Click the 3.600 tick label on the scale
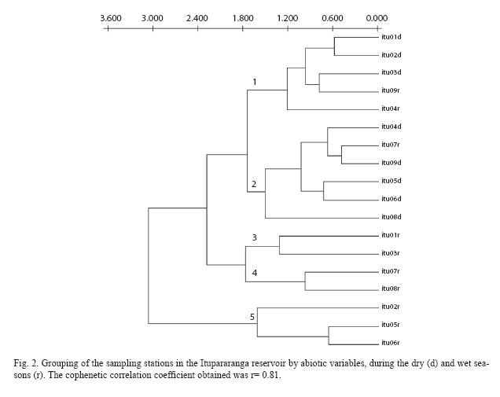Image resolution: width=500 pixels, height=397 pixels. click(x=111, y=18)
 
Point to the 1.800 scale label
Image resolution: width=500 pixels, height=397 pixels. click(x=243, y=18)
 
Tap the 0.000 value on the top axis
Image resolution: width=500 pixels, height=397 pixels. click(x=377, y=18)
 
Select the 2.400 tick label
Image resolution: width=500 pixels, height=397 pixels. click(x=197, y=18)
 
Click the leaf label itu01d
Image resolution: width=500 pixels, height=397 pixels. click(x=392, y=37)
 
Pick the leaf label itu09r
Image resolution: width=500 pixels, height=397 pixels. click(x=391, y=90)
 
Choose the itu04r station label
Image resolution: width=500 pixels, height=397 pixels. click(x=391, y=108)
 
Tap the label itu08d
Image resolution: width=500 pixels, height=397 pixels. click(x=392, y=217)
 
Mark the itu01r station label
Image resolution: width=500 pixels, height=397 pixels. click(x=391, y=235)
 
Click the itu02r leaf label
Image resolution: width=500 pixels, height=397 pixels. click(x=391, y=307)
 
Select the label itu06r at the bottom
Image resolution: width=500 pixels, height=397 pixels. click(x=391, y=343)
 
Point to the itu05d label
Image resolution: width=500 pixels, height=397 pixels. click(x=392, y=181)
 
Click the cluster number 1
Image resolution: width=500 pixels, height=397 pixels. click(x=255, y=83)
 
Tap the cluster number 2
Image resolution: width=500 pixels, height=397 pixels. click(x=254, y=184)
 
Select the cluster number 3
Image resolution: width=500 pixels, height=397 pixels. click(x=254, y=237)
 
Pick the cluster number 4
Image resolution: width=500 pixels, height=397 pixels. click(x=255, y=273)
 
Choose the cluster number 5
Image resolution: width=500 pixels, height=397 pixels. click(x=252, y=317)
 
